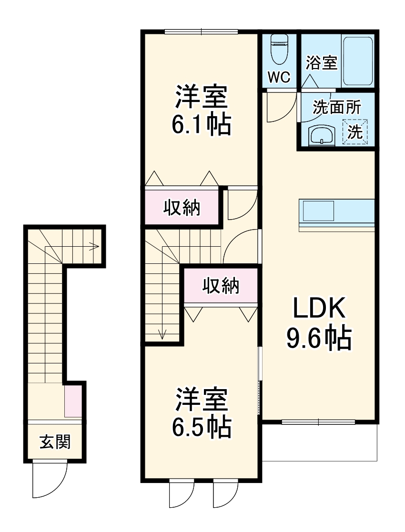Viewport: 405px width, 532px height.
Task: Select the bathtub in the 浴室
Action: click(x=358, y=60)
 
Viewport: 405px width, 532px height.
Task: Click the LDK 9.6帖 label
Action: click(x=318, y=324)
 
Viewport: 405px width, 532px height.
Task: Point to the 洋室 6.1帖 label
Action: click(x=201, y=110)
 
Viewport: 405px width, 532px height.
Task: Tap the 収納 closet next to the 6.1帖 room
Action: click(x=182, y=208)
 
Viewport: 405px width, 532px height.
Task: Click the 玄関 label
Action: click(x=55, y=442)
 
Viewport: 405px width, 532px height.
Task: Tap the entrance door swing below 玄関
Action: click(x=49, y=479)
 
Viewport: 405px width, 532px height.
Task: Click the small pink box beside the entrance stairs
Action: click(x=73, y=402)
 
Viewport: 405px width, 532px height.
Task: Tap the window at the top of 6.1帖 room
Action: click(x=201, y=32)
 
